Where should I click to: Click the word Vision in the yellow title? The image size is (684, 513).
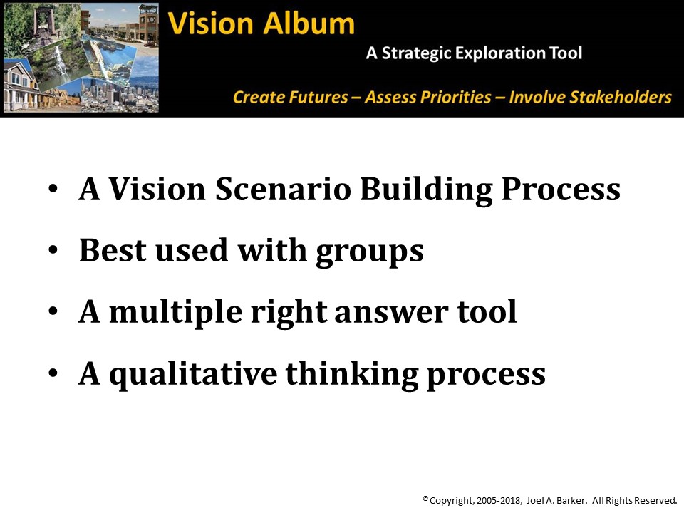pos(210,23)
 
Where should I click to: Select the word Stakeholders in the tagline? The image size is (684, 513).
pos(590,97)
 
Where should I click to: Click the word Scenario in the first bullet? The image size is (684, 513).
pos(283,189)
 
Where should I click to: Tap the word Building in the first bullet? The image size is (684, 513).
pos(426,190)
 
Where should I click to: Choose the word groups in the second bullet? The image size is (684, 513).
pos(370,252)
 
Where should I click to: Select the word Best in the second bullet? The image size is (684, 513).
pos(112,250)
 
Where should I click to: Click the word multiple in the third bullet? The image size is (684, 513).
pos(175,313)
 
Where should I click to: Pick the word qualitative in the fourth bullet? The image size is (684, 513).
pos(193,374)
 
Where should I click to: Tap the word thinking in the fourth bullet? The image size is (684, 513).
pos(351,374)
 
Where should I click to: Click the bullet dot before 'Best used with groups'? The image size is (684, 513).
pos(53,250)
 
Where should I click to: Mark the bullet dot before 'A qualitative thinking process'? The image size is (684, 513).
pos(53,373)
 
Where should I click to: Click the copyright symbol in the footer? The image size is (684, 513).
pos(425,498)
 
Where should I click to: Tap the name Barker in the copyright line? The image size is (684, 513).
pos(570,500)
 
